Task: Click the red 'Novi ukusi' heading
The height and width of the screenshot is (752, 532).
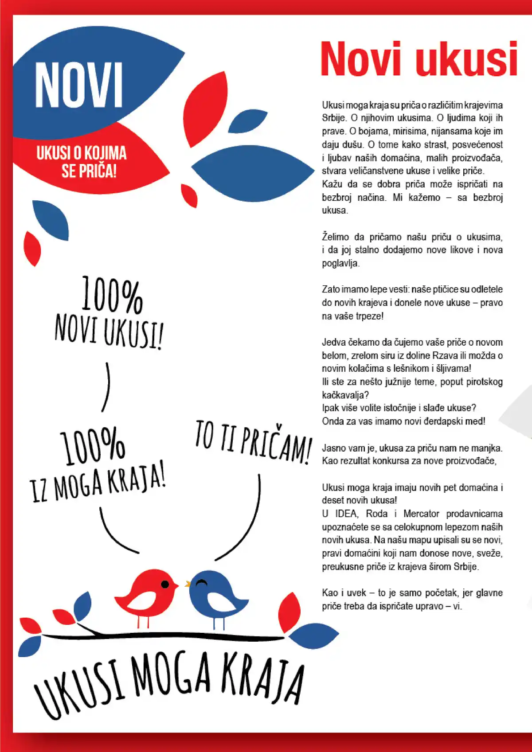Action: [419, 59]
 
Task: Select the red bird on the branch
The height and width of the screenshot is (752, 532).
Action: [146, 592]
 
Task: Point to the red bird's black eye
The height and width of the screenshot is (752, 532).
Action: [165, 584]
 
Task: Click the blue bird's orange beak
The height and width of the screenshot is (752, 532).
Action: [188, 584]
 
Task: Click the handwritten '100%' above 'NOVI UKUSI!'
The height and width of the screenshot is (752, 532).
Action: [112, 294]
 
